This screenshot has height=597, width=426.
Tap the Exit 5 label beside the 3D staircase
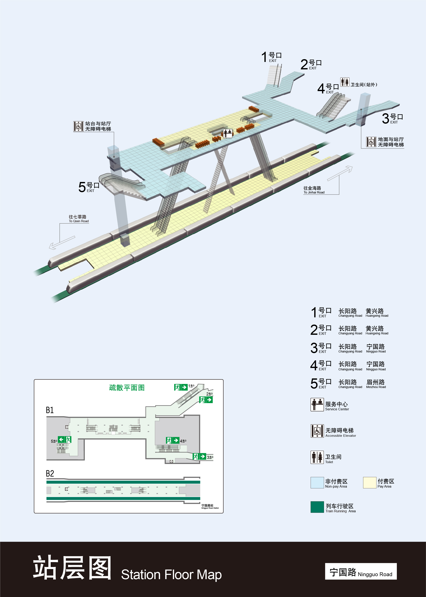click(x=89, y=187)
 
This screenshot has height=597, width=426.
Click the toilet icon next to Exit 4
click(x=345, y=82)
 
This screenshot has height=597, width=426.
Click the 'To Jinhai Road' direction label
click(x=314, y=190)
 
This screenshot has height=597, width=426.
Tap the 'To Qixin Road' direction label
click(x=78, y=219)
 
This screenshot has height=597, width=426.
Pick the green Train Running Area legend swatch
click(x=317, y=507)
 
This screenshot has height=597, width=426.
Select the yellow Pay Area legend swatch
click(x=369, y=482)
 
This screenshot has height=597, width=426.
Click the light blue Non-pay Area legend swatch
click(x=317, y=482)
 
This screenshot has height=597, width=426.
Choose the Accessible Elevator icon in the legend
click(x=317, y=431)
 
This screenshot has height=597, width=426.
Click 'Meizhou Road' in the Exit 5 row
click(x=376, y=383)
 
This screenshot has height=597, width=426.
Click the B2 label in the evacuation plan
click(x=50, y=474)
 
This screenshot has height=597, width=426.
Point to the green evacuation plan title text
click(x=127, y=388)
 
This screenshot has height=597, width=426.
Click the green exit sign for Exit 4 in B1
click(x=172, y=441)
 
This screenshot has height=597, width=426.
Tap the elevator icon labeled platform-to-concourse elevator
click(x=78, y=126)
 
